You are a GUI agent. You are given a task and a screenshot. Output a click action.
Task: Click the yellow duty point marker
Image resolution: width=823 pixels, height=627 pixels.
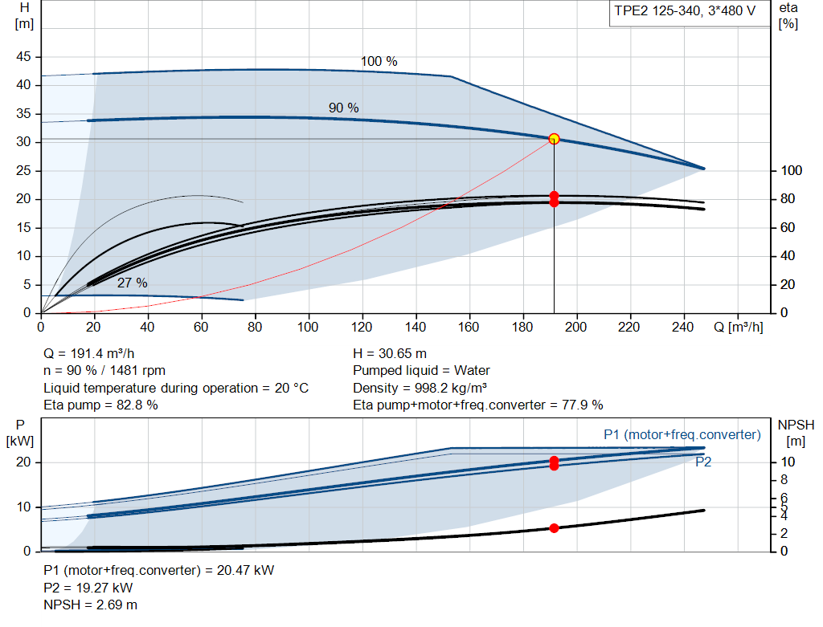[554, 139]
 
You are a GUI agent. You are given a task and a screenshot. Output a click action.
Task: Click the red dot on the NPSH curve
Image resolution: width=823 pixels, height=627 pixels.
[554, 528]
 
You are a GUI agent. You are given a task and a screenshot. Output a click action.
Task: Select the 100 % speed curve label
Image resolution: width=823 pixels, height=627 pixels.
[379, 61]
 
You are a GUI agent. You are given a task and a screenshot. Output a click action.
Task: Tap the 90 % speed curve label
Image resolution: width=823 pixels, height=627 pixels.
[344, 108]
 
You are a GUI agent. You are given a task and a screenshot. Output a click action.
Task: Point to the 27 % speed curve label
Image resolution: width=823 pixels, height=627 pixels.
[133, 283]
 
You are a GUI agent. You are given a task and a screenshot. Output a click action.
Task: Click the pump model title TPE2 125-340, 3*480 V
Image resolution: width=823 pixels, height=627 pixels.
[685, 11]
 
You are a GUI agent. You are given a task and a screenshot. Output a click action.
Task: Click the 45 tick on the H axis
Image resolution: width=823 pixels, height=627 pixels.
[23, 57]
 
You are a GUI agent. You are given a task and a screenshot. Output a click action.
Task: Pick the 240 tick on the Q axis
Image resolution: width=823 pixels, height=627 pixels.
[682, 327]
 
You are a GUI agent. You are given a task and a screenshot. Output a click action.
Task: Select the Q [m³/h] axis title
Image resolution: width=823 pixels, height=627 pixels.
[739, 327]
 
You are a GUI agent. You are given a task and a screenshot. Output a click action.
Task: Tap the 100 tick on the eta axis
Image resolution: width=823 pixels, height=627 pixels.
[792, 170]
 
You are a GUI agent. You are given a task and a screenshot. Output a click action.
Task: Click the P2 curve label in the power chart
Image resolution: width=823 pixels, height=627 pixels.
[703, 462]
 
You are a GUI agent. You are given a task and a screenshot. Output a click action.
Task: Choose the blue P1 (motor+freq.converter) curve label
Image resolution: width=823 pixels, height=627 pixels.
[682, 434]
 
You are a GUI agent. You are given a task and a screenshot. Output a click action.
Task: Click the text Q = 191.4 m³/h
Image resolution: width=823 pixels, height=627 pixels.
[88, 354]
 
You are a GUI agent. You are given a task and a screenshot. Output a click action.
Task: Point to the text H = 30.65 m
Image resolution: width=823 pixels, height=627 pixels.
[390, 354]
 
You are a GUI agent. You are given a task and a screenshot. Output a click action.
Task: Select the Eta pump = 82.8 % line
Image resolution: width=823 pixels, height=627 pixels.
[100, 405]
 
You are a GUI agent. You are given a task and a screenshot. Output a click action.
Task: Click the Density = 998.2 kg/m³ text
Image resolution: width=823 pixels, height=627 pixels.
[420, 388]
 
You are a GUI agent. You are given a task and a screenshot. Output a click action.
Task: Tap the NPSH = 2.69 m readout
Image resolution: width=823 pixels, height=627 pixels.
[90, 605]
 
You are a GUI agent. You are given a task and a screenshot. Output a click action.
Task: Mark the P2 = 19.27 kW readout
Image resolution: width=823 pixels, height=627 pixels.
[88, 588]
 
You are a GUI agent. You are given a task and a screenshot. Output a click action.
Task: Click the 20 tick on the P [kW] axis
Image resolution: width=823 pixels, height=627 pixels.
[23, 462]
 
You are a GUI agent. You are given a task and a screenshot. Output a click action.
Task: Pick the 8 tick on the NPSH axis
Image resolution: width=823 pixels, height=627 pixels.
[784, 480]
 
